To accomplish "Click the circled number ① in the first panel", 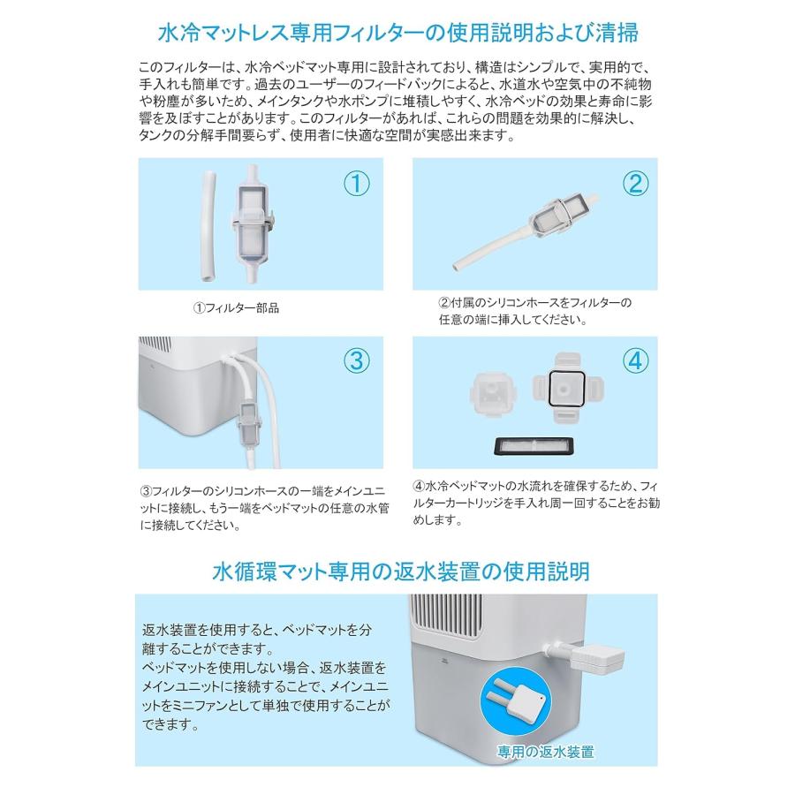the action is tap(357, 184).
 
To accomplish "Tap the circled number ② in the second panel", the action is tap(635, 184).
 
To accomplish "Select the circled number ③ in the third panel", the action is tap(357, 361).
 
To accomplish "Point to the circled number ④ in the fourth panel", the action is tap(635, 361).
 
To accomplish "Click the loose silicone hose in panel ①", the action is tap(208, 227).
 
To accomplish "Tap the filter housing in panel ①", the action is tap(253, 223).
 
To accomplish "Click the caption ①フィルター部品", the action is tap(236, 307).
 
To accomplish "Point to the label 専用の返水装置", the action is tap(546, 752).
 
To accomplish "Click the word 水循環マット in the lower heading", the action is tap(266, 572).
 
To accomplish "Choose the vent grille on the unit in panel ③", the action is tap(155, 344).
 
